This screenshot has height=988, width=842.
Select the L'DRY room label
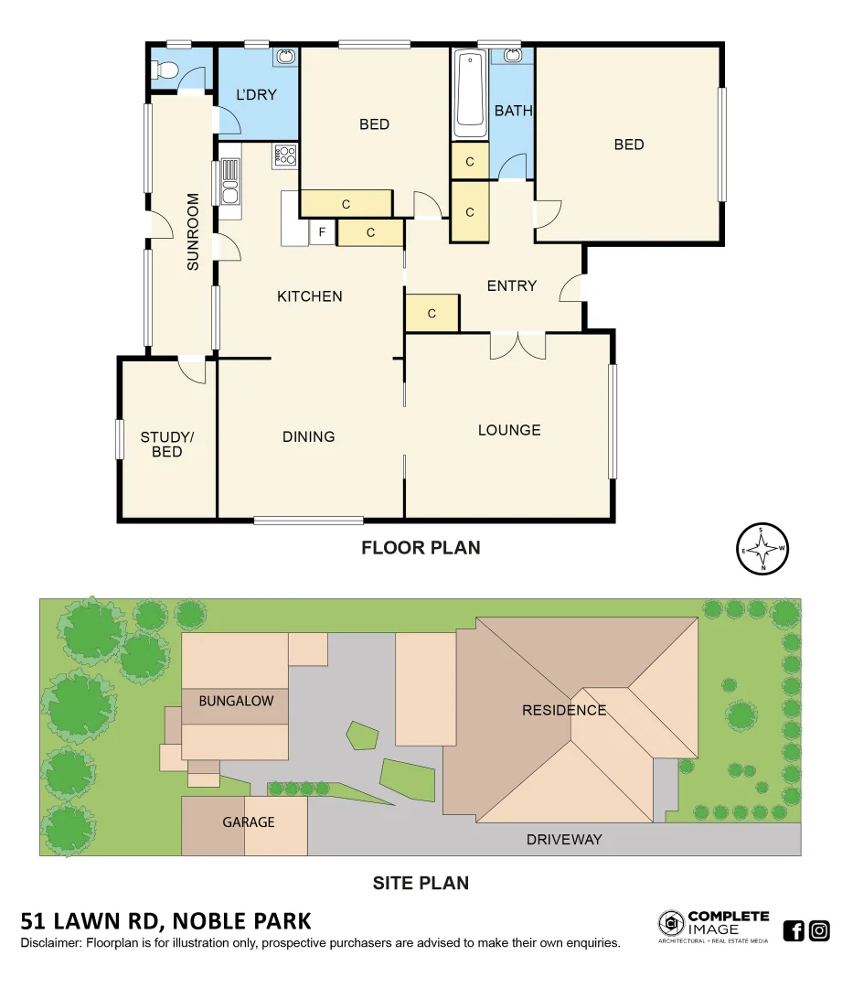pyautogui.click(x=256, y=95)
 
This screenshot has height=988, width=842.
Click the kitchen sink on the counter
pyautogui.click(x=229, y=181)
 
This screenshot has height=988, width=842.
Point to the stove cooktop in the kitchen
pyautogui.click(x=285, y=156)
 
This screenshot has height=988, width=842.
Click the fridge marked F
pyautogui.click(x=322, y=233)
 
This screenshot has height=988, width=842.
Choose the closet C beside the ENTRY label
pyautogui.click(x=432, y=314)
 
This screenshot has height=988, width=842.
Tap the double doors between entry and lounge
pyautogui.click(x=517, y=344)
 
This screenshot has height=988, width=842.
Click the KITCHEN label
pyautogui.click(x=310, y=296)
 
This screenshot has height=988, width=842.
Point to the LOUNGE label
pyautogui.click(x=509, y=430)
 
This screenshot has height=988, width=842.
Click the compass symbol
pyautogui.click(x=762, y=550)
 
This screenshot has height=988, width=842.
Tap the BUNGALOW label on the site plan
pyautogui.click(x=236, y=702)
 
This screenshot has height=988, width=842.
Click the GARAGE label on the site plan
pyautogui.click(x=249, y=822)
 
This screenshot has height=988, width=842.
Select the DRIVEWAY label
pyautogui.click(x=564, y=839)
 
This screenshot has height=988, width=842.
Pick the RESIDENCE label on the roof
pyautogui.click(x=564, y=710)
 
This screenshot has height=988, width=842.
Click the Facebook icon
pyautogui.click(x=794, y=931)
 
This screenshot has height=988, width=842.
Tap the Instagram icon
pyautogui.click(x=820, y=931)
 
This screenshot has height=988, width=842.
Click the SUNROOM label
pyautogui.click(x=193, y=231)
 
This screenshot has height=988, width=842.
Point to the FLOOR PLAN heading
pyautogui.click(x=421, y=548)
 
